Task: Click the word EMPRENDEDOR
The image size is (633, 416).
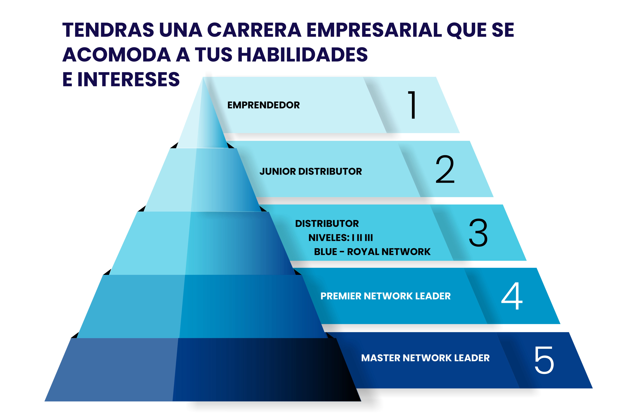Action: pyautogui.click(x=263, y=105)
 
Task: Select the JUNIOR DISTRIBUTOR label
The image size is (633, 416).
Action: pyautogui.click(x=311, y=171)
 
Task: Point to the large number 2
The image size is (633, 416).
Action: pyautogui.click(x=445, y=169)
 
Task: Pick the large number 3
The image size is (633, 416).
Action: pyautogui.click(x=478, y=233)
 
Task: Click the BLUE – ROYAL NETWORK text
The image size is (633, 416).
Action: pyautogui.click(x=372, y=252)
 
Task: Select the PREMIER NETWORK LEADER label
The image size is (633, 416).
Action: pyautogui.click(x=385, y=296)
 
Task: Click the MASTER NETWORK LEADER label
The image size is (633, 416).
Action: pyautogui.click(x=425, y=358)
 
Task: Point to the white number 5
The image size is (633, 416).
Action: pyautogui.click(x=544, y=360)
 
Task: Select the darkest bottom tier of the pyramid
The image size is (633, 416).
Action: pyautogui.click(x=203, y=370)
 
